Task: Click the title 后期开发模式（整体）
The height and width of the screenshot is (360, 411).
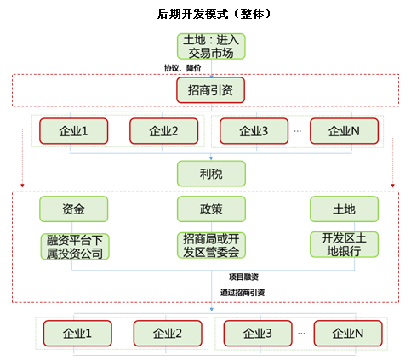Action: point(214,14)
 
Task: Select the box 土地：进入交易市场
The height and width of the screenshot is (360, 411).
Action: point(211,46)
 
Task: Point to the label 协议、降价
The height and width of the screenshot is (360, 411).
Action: point(183,68)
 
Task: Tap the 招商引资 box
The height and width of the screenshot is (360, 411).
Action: point(210,90)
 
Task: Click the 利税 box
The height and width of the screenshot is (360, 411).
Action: point(211,174)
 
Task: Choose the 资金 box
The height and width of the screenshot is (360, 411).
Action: point(73,209)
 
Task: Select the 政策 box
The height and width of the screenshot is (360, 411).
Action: point(211,209)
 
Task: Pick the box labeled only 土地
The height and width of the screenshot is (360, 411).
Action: point(344,209)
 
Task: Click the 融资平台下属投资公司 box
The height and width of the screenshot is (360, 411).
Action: point(75,247)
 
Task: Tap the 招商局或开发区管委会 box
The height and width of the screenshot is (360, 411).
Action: point(211,245)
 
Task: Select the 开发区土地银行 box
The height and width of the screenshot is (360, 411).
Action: point(344,244)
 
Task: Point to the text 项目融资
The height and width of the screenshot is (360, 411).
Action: point(243,277)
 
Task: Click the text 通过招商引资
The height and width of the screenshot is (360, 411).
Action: point(243,293)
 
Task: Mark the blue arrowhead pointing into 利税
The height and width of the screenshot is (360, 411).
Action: point(211,158)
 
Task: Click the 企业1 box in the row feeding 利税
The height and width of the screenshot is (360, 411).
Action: point(73,131)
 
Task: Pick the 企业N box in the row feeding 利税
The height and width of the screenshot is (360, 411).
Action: point(344,131)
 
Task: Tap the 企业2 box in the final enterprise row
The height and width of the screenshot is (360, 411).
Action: point(168,334)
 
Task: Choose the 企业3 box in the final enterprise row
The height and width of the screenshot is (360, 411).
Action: point(258,334)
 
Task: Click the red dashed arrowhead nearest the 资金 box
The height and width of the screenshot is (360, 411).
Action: point(22,186)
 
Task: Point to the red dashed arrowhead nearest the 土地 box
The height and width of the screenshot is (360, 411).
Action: point(392,186)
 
